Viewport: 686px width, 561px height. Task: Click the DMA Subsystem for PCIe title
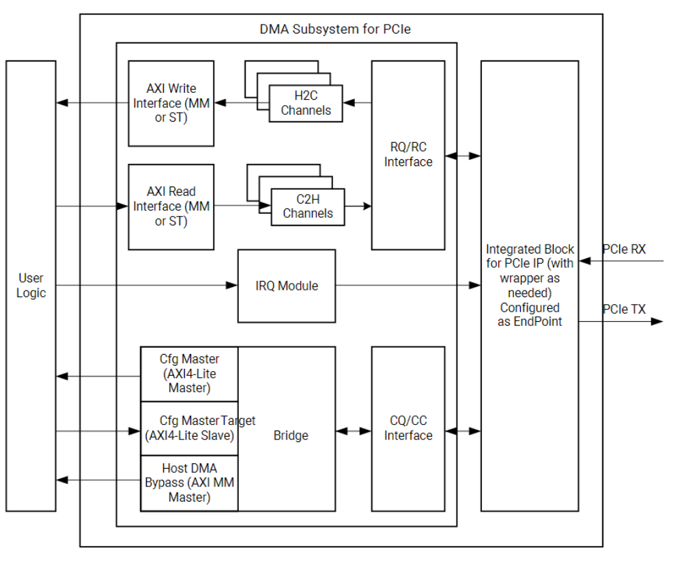pyautogui.click(x=334, y=29)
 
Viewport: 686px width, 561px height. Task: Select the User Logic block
pyautogui.click(x=31, y=286)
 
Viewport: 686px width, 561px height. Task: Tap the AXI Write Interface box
pyautogui.click(x=171, y=103)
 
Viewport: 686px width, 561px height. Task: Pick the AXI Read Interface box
pyautogui.click(x=171, y=206)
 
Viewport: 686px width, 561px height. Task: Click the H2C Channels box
pyautogui.click(x=306, y=103)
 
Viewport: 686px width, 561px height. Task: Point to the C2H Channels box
pyautogui.click(x=308, y=206)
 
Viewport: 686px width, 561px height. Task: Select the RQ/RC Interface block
pyautogui.click(x=408, y=155)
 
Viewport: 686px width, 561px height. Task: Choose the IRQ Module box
pyautogui.click(x=287, y=286)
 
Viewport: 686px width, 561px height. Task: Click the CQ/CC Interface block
pyautogui.click(x=408, y=428)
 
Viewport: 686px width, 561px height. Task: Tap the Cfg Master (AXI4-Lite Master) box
pyautogui.click(x=189, y=373)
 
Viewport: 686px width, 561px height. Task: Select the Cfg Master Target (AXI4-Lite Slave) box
pyautogui.click(x=189, y=428)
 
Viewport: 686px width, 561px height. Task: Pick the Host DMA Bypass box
pyautogui.click(x=189, y=483)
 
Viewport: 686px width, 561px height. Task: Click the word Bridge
pyautogui.click(x=291, y=435)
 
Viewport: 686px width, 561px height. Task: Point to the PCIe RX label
pyautogui.click(x=623, y=250)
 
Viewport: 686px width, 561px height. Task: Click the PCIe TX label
pyautogui.click(x=623, y=310)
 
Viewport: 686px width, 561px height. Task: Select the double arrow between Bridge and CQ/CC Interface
pyautogui.click(x=353, y=431)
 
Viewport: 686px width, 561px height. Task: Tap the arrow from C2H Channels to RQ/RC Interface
pyautogui.click(x=358, y=206)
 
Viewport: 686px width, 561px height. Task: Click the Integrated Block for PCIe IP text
pyautogui.click(x=530, y=286)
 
